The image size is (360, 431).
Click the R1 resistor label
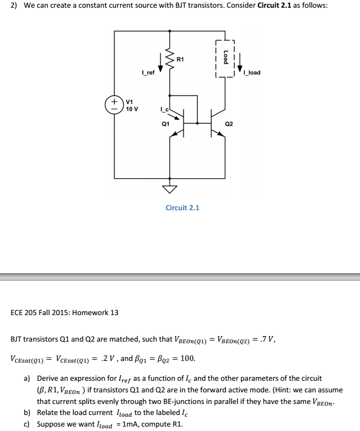tap(181, 58)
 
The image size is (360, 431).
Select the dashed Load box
tap(225, 58)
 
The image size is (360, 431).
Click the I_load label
tap(251, 73)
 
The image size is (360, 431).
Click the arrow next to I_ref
tap(160, 62)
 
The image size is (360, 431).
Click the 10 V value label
tap(132, 109)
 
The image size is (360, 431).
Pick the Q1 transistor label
tap(165, 124)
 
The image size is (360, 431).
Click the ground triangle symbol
tap(169, 189)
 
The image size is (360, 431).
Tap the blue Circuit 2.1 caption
tap(182, 207)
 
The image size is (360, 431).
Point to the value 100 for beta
tap(187, 359)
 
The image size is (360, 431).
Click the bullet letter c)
tap(26, 424)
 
